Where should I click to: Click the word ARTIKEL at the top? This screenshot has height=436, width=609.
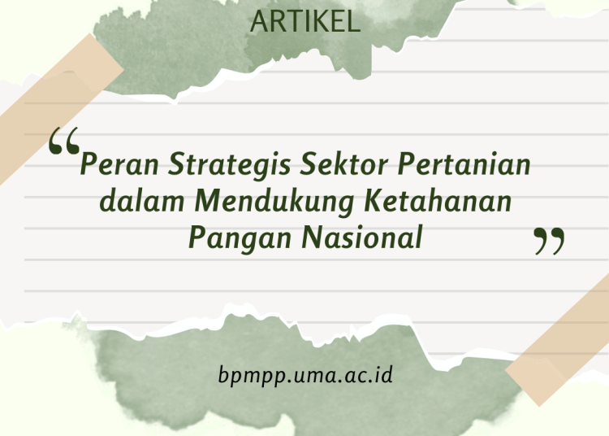305,22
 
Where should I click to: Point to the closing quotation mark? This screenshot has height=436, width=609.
549,242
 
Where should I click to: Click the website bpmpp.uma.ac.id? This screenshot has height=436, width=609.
306,376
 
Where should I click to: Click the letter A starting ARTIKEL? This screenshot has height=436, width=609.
258,22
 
